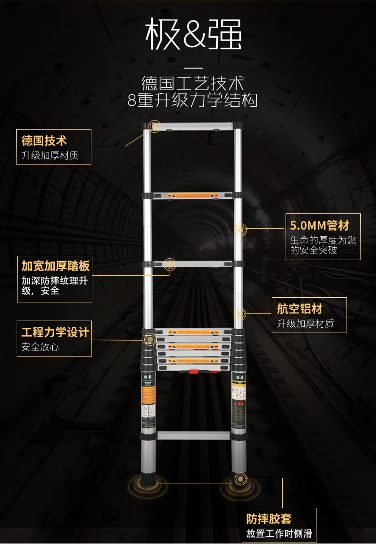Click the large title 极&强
193,34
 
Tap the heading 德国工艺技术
192,83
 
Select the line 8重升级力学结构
192,101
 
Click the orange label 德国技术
44,141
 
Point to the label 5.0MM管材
319,225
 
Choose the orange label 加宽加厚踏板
55,266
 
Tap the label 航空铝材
299,309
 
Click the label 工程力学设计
55,332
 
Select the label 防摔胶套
269,519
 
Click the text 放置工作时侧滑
279,534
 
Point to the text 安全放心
40,347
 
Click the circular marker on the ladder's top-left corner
154,126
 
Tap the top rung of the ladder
193,127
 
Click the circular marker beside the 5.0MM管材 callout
241,230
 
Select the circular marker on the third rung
169,263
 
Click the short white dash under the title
193,68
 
